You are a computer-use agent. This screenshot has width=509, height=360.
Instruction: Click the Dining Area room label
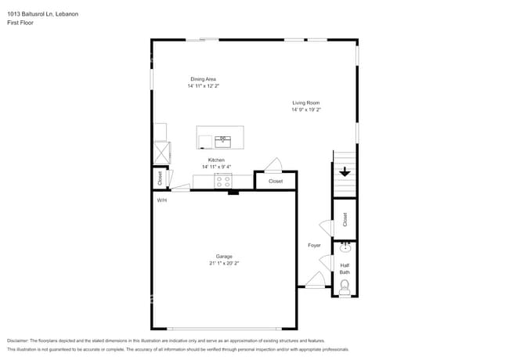[x=203, y=79]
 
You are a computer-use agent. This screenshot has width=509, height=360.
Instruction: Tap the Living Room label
[x=306, y=103]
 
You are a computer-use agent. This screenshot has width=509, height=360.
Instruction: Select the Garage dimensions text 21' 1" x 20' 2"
[x=224, y=264]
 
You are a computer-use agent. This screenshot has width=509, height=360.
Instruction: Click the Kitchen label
[x=216, y=160]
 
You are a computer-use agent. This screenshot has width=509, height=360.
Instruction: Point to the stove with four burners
[x=223, y=181]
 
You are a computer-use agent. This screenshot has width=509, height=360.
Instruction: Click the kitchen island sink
[x=222, y=141]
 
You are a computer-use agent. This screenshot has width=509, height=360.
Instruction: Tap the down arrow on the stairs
[x=344, y=171]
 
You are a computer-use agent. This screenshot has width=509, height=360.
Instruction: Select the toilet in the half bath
[x=345, y=286]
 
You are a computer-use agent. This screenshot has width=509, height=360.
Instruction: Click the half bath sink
[x=344, y=248]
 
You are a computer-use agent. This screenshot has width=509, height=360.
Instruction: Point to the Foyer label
[x=314, y=246]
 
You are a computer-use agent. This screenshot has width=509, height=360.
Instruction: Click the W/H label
[x=161, y=200]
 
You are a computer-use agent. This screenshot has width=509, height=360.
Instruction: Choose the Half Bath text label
[x=345, y=268]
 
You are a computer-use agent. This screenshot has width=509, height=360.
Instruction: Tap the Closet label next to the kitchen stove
[x=276, y=181]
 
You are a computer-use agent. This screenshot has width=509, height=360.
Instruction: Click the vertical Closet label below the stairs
[x=345, y=220]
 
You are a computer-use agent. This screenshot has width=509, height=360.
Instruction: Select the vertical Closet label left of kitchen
[x=160, y=178]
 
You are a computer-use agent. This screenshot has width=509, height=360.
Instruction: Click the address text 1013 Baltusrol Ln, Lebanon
[x=42, y=14]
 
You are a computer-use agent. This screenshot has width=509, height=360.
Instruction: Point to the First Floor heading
[x=20, y=23]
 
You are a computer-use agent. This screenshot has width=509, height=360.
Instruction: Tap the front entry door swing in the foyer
[x=315, y=279]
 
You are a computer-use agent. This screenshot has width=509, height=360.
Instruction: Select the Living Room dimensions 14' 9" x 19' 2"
[x=306, y=110]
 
